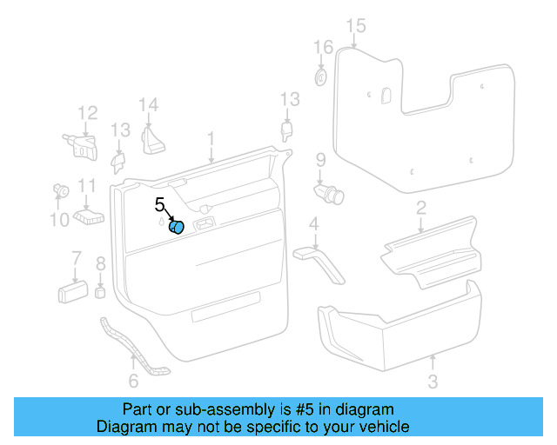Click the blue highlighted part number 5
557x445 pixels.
[177, 228]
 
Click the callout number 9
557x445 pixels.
[320, 159]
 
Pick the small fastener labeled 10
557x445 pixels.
[61, 189]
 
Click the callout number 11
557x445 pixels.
[86, 185]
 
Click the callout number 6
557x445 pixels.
[132, 381]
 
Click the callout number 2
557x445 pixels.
[420, 207]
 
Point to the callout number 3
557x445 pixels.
[433, 382]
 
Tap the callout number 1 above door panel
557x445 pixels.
[210, 138]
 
